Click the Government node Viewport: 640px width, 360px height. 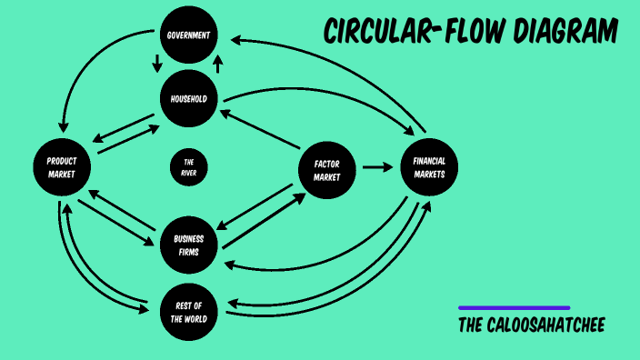pyautogui.click(x=189, y=36)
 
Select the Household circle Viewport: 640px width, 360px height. pyautogui.click(x=189, y=99)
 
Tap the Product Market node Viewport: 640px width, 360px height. pyautogui.click(x=62, y=167)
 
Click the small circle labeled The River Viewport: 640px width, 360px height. pyautogui.click(x=189, y=166)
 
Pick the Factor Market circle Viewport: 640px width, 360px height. pyautogui.click(x=326, y=170)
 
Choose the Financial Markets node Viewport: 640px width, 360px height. pyautogui.click(x=429, y=168)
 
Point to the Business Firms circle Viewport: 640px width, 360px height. pyautogui.click(x=189, y=245)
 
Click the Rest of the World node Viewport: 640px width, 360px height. pyautogui.click(x=189, y=312)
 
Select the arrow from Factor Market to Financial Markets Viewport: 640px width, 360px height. pyautogui.click(x=376, y=167)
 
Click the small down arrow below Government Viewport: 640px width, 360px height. pyautogui.click(x=157, y=64)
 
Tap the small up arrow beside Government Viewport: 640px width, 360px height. pyautogui.click(x=218, y=64)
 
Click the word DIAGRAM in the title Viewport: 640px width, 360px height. pyautogui.click(x=565, y=33)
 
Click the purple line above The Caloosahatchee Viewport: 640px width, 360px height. pyautogui.click(x=514, y=308)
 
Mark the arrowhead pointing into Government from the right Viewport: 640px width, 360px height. pyautogui.click(x=235, y=40)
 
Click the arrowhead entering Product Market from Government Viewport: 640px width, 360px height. pyautogui.click(x=63, y=130)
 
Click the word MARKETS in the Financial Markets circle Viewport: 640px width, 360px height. pyautogui.click(x=429, y=175)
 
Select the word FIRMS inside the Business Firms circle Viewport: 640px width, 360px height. pyautogui.click(x=189, y=252)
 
